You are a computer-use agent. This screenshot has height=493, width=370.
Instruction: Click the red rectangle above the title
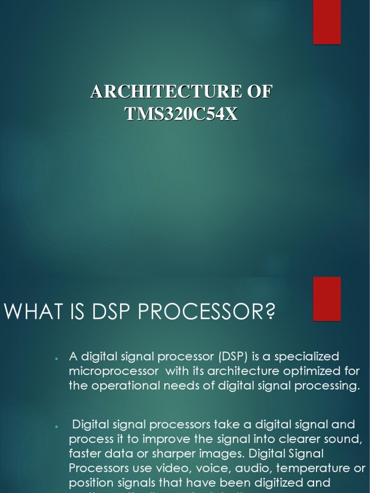click(x=327, y=22)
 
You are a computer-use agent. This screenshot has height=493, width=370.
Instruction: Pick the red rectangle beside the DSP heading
click(x=327, y=298)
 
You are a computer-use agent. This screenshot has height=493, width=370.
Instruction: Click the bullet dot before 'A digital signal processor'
click(x=57, y=359)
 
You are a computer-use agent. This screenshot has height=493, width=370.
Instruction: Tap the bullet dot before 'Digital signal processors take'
click(x=57, y=427)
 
